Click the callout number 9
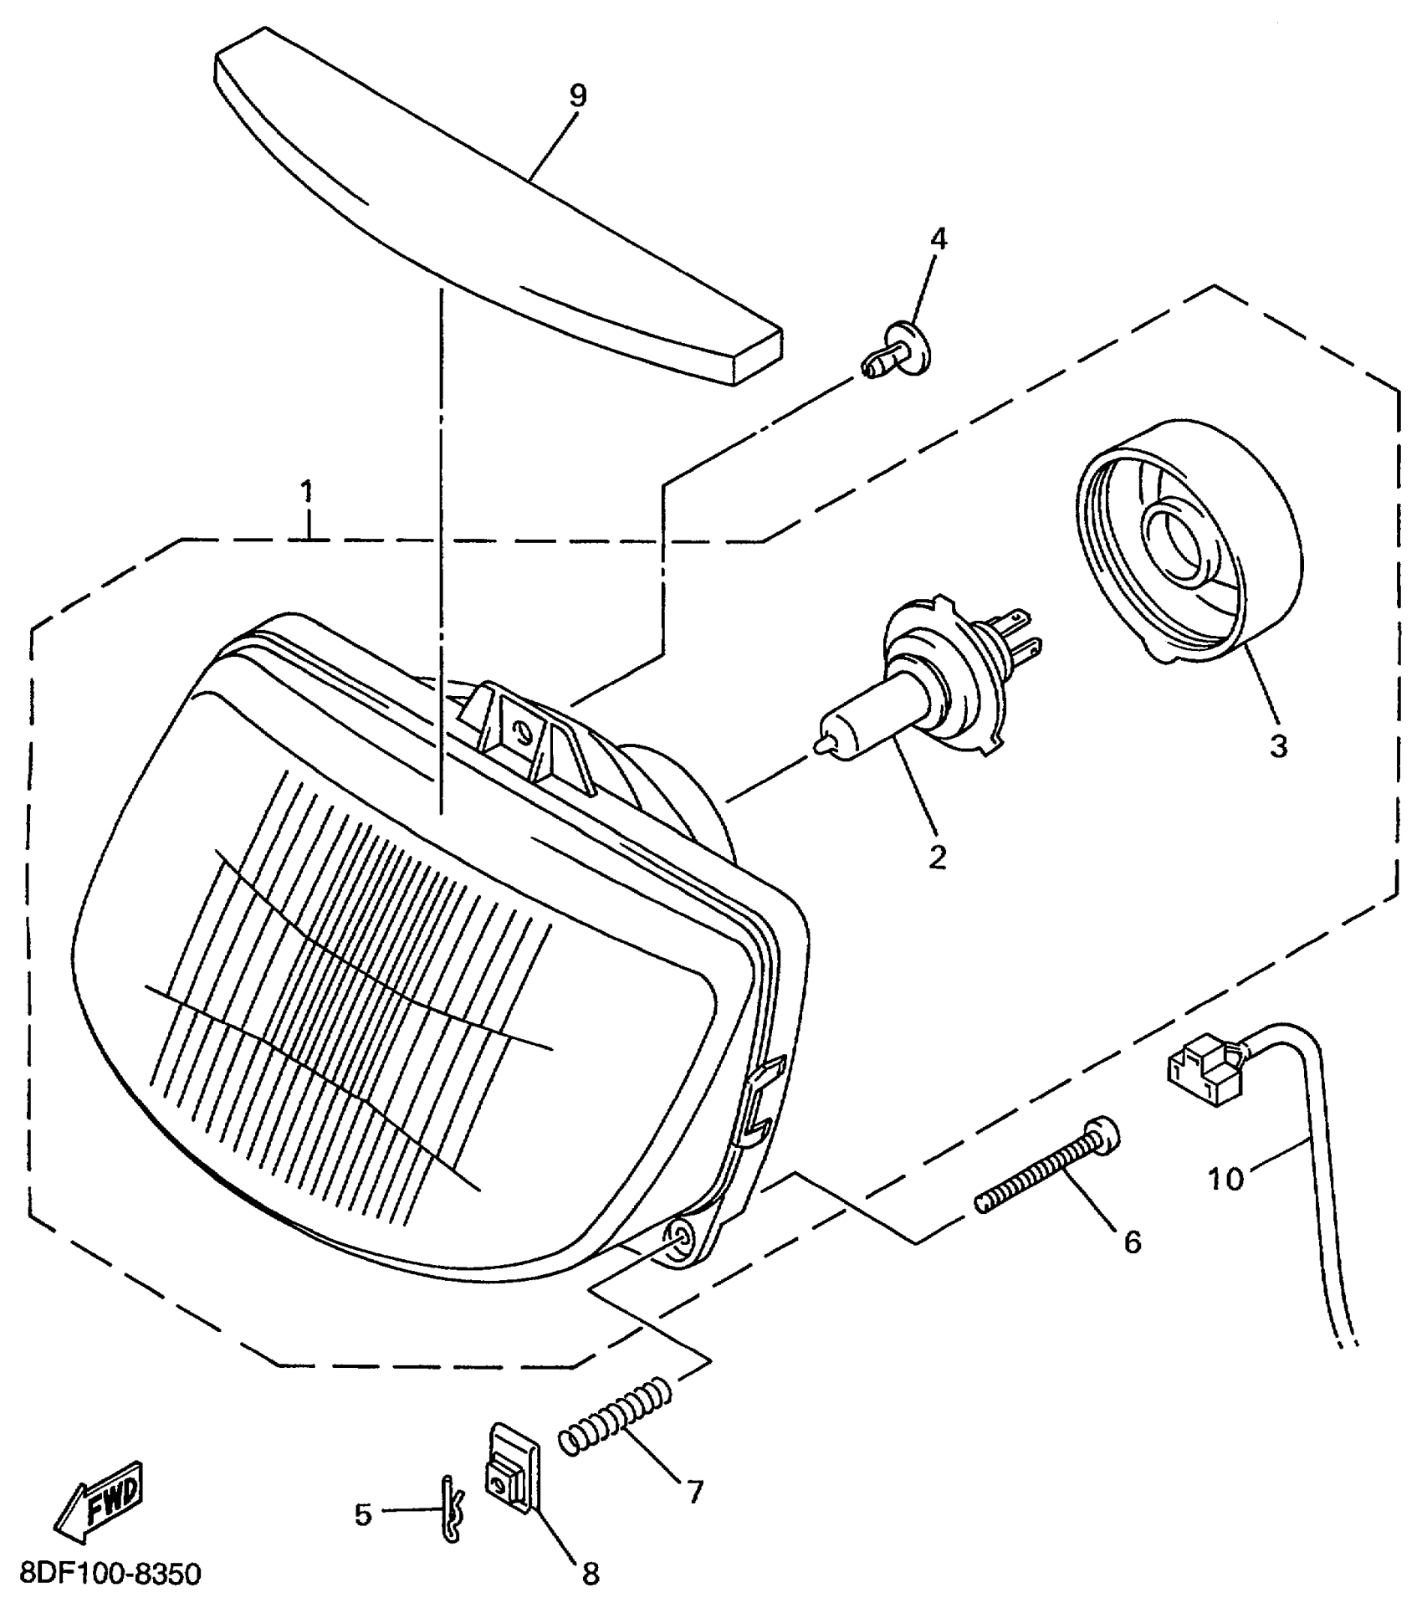577,95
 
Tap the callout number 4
939,239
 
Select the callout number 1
307,492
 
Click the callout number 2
937,856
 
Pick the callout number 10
1226,1179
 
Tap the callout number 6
1132,1242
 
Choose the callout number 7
695,1491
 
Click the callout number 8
591,1574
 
